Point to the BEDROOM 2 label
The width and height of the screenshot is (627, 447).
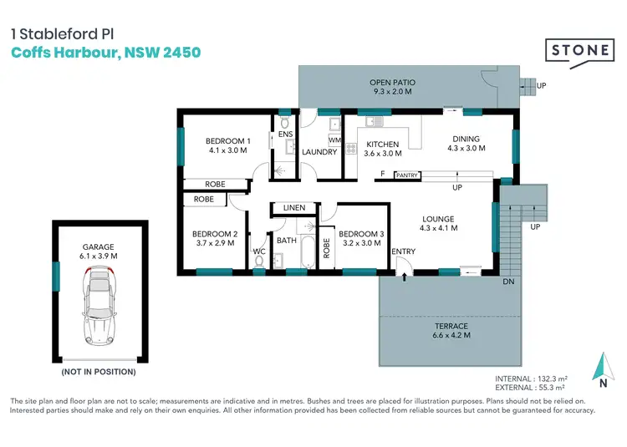pyautogui.click(x=215, y=239)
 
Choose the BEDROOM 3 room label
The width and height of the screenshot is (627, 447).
pyautogui.click(x=362, y=239)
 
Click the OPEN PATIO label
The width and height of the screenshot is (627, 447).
pyautogui.click(x=392, y=88)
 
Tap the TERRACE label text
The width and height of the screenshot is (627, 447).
pyautogui.click(x=451, y=330)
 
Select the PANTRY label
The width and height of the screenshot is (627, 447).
pyautogui.click(x=407, y=175)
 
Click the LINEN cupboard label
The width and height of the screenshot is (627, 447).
pyautogui.click(x=294, y=207)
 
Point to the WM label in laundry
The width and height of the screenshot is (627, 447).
pyautogui.click(x=334, y=140)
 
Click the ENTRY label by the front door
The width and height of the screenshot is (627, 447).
pyautogui.click(x=404, y=251)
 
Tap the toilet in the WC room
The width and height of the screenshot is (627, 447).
pyautogui.click(x=260, y=262)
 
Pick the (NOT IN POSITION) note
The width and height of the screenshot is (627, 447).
pyautogui.click(x=99, y=371)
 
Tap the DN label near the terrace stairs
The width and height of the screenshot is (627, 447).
pyautogui.click(x=507, y=282)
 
